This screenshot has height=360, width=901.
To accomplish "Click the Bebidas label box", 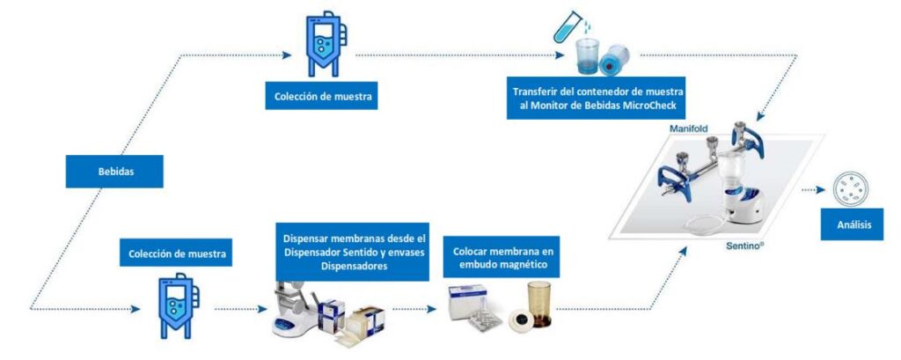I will coord(115,172).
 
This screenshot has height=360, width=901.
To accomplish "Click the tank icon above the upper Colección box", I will coord(322,44).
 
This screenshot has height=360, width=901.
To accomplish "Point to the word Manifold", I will coord(688,129).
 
